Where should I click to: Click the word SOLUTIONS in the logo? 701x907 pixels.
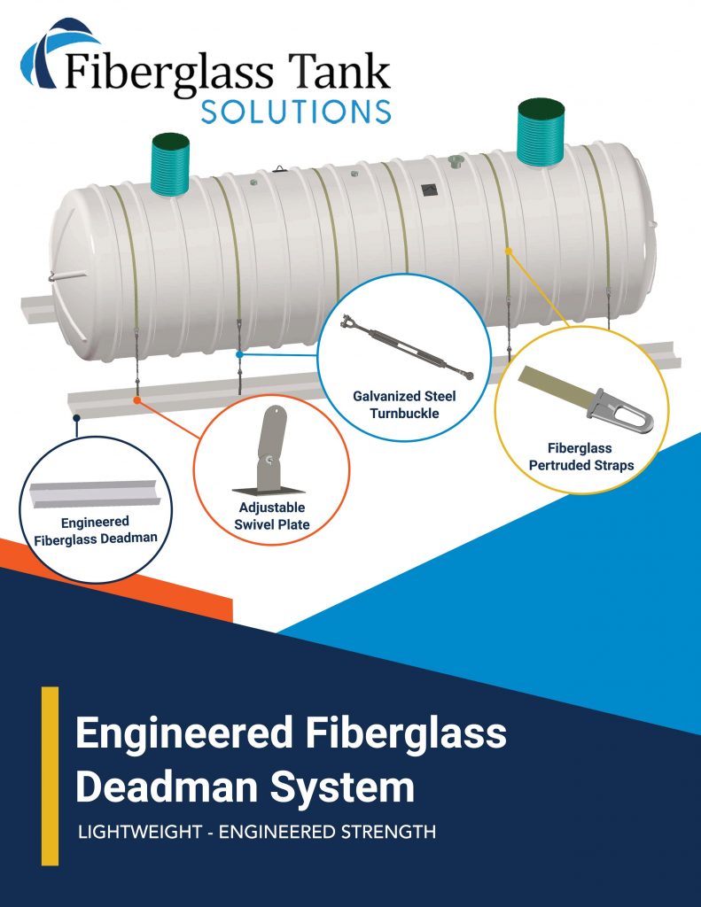pos(296,111)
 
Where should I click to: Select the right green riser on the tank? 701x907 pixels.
pos(541,133)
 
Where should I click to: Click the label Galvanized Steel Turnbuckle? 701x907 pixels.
pos(403,404)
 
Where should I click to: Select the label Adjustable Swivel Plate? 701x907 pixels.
pos(271,516)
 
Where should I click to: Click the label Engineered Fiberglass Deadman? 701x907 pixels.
pos(95,530)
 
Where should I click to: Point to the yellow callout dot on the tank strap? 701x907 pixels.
pos(509,251)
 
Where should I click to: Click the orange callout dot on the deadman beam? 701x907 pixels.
pos(136,400)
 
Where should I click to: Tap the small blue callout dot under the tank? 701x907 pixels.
pos(239,354)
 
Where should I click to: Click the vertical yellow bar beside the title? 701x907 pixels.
pos(50,775)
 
